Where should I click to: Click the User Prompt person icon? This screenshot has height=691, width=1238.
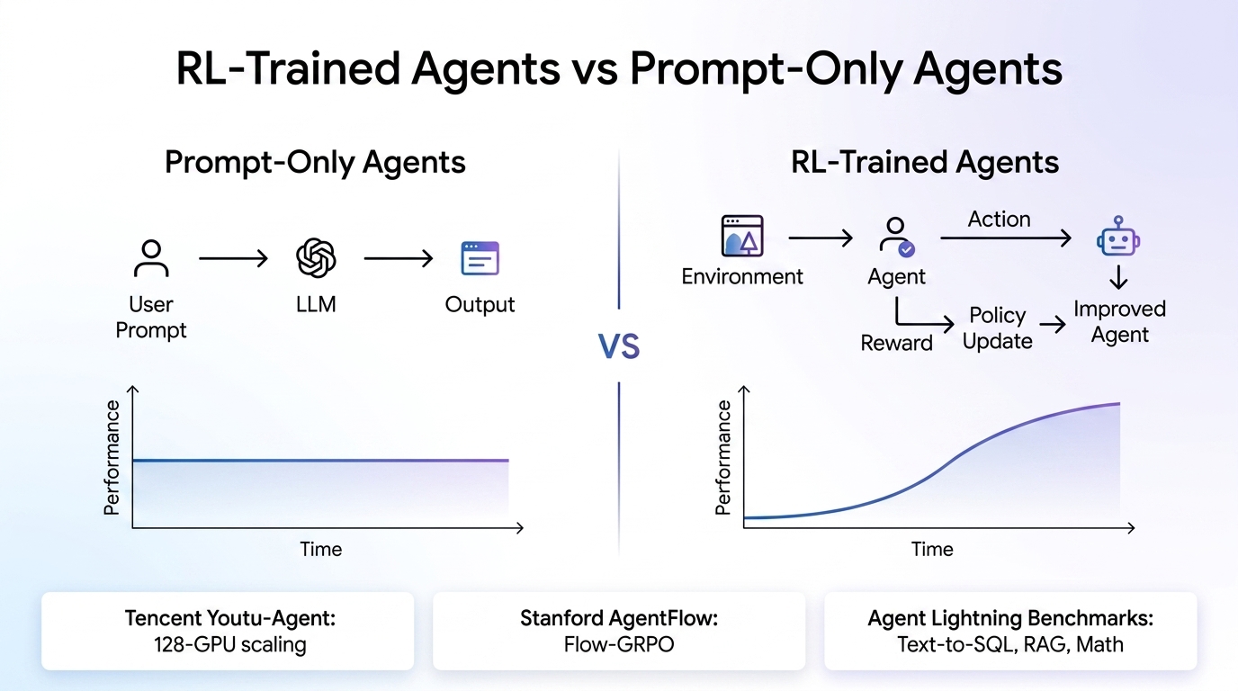tap(151, 258)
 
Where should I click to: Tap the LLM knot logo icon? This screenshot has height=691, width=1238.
tap(316, 258)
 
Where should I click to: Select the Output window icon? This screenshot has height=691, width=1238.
tap(480, 258)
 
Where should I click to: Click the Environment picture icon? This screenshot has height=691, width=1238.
tap(742, 237)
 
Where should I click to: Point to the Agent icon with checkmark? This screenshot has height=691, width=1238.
tap(896, 238)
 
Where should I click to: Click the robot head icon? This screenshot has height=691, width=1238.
tap(1118, 238)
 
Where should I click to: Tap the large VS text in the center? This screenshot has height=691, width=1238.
tap(619, 346)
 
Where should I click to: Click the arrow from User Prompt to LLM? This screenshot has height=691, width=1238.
tap(233, 259)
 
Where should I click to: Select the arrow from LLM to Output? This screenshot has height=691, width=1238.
tap(398, 259)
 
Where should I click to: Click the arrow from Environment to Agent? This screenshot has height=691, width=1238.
tap(821, 238)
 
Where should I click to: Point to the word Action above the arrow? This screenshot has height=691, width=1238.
tap(999, 220)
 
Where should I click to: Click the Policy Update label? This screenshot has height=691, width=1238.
tap(998, 328)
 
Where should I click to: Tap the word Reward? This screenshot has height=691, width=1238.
tap(896, 343)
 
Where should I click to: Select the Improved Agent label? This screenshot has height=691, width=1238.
tap(1119, 322)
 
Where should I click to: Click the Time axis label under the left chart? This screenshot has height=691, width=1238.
tap(321, 549)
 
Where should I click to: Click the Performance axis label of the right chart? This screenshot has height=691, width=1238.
tap(723, 459)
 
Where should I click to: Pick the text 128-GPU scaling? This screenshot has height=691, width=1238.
tap(228, 644)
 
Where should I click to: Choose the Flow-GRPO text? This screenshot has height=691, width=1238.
tap(618, 644)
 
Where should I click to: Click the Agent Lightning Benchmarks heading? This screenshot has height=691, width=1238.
tap(1010, 619)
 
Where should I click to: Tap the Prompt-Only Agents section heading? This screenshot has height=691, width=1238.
tap(315, 163)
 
